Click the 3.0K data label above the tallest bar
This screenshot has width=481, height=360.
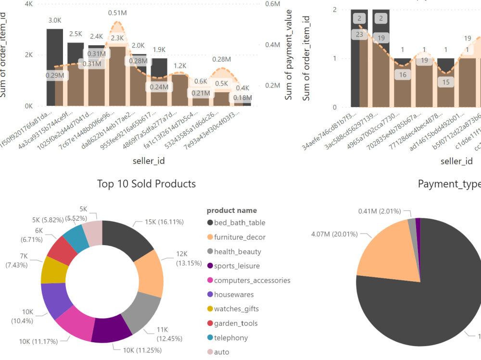(54, 20)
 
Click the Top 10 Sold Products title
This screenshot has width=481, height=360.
(146, 184)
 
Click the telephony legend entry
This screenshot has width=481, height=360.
(231, 338)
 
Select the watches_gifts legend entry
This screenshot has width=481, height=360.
(236, 309)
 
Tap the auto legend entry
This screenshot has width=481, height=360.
(222, 352)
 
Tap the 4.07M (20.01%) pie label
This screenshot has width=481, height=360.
(340, 235)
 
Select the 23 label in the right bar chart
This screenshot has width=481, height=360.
(360, 34)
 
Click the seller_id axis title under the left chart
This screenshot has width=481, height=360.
(149, 161)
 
